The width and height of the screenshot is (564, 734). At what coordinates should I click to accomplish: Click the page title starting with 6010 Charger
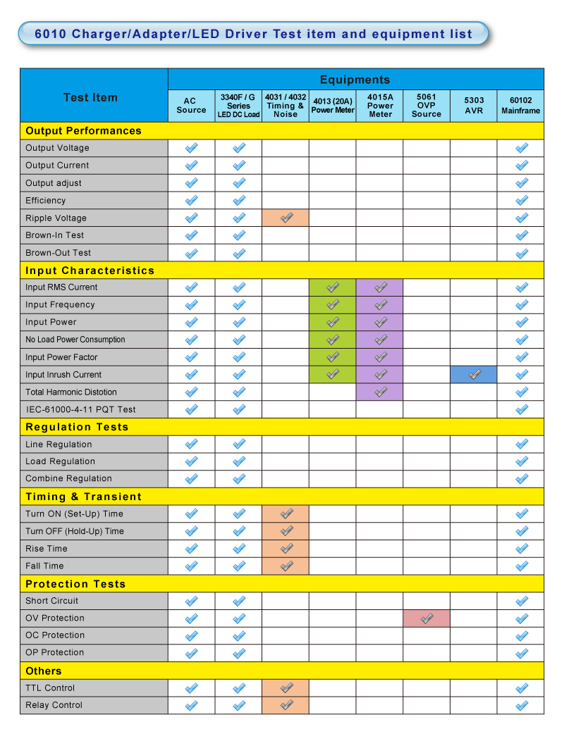[x=254, y=33]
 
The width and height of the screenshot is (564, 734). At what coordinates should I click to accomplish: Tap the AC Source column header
[x=191, y=105]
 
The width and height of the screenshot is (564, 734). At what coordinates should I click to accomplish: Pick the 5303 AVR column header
[x=474, y=105]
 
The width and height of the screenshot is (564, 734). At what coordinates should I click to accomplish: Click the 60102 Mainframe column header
[x=521, y=105]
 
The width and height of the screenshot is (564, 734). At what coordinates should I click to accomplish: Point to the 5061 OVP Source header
[x=427, y=105]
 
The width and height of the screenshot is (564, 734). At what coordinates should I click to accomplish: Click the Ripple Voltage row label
[x=56, y=218]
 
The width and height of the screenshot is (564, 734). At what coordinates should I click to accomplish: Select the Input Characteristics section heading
[x=90, y=270]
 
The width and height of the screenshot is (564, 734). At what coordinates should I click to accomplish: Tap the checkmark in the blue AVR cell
[x=474, y=375]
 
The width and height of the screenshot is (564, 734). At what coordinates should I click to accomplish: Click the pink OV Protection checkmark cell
[x=427, y=618]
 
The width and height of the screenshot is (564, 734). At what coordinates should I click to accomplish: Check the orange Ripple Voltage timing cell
[x=286, y=218]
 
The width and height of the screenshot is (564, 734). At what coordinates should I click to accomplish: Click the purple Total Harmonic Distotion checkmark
[x=380, y=392]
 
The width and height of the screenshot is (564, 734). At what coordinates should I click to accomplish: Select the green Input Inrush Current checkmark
[x=333, y=375]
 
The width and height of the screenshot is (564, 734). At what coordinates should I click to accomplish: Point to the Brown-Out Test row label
[x=58, y=252]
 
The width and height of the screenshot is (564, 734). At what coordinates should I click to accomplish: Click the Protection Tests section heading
[x=75, y=583]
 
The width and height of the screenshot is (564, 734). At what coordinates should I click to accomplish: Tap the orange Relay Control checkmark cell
[x=286, y=705]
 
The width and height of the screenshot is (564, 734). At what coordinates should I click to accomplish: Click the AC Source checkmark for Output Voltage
[x=191, y=148]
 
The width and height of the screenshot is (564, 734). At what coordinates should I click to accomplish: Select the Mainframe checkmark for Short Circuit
[x=521, y=601]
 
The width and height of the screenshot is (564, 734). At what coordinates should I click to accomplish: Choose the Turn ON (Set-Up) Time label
[x=74, y=514]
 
